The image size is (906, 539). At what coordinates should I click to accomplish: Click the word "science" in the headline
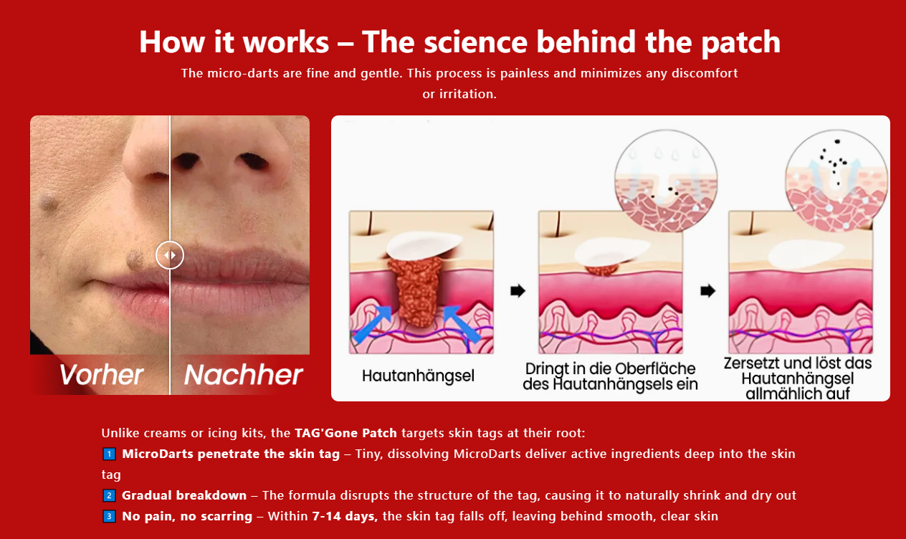coord(476,42)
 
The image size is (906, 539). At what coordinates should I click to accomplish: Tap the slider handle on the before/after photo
coord(170,255)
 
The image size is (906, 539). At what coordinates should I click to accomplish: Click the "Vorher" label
coord(101,374)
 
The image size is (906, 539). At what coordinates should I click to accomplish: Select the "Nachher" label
coord(244,374)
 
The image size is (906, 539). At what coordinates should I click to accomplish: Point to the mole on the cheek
coord(49,201)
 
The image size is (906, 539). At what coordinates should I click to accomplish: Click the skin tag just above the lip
coord(135,259)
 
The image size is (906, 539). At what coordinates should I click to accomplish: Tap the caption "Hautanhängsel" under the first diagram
coord(418,376)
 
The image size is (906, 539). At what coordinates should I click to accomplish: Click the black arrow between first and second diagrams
coord(518,291)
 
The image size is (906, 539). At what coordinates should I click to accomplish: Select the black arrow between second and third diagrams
coord(708,291)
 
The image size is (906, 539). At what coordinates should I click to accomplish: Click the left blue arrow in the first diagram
coord(373,324)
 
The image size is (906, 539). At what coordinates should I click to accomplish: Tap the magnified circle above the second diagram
coord(666,181)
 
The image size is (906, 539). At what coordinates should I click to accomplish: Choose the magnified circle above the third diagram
coord(836,181)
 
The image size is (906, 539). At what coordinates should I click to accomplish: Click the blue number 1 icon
coord(109,454)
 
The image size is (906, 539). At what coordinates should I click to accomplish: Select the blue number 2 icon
coord(109,495)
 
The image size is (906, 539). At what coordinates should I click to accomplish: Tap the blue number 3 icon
coord(109,516)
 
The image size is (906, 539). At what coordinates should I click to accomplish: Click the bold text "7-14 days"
coord(345,516)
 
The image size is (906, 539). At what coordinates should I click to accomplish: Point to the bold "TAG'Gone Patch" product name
coord(345,433)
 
